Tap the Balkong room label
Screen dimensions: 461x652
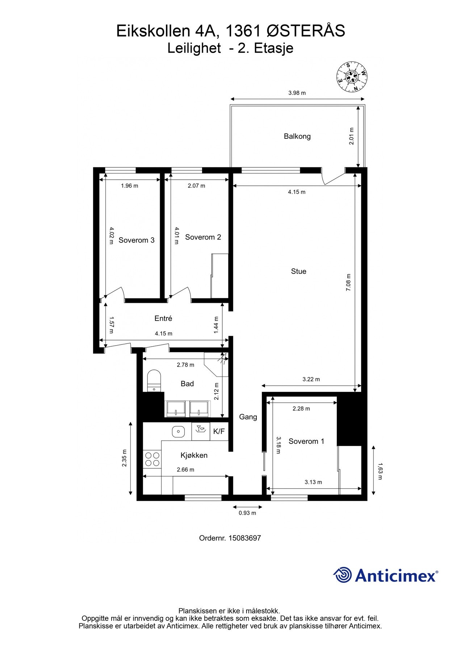tap(297, 136)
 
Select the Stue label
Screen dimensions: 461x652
tap(298, 271)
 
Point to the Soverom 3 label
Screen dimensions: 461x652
tap(137, 240)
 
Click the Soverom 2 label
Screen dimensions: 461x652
tap(203, 237)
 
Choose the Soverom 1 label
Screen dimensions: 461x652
tap(306, 441)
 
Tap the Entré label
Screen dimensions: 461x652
tap(163, 318)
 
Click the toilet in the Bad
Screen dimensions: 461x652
tap(154, 380)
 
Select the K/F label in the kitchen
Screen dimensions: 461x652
tap(219, 431)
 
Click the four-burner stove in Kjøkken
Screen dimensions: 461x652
tap(152, 459)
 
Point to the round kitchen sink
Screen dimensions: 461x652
tap(178, 431)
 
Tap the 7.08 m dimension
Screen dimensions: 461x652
tap(348, 282)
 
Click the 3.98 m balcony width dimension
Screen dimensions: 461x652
tap(297, 93)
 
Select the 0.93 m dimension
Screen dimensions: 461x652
tap(247, 513)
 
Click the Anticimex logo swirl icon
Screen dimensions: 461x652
tap(343, 575)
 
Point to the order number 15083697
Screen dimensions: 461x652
tap(244, 538)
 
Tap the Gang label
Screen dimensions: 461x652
tap(248, 417)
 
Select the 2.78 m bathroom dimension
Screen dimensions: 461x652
tap(185, 365)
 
